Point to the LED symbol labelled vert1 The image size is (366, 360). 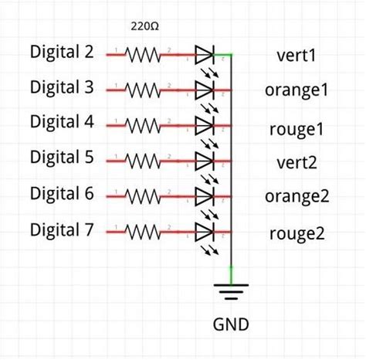tap(204, 55)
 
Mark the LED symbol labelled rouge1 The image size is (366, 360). tap(204, 125)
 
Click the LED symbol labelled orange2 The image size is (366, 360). tap(204, 196)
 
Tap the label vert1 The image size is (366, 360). tap(297, 56)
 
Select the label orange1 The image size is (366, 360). tap(297, 90)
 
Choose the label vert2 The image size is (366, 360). tap(297, 162)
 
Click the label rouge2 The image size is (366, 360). tap(297, 233)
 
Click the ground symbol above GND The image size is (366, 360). tap(231, 291)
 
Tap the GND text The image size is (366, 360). tap(231, 324)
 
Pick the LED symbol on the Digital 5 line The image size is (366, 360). tap(204, 161)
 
